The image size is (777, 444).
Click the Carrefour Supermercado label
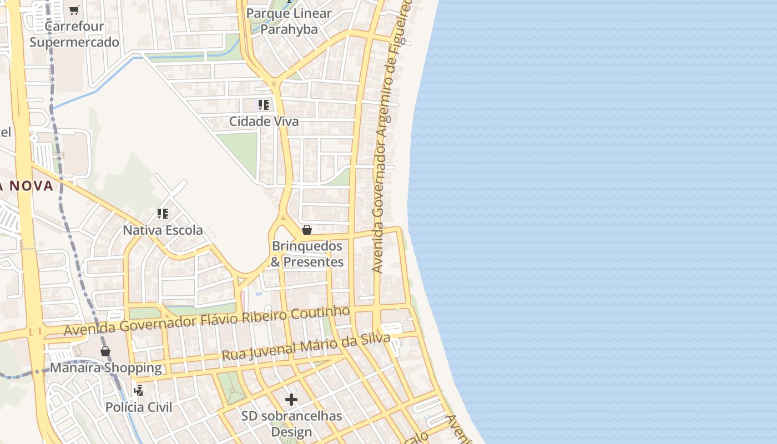click(74, 34)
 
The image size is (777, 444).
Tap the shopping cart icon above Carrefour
click(74, 10)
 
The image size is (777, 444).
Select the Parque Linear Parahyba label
click(289, 21)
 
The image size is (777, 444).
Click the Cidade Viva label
click(264, 122)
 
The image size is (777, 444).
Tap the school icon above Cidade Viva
click(264, 104)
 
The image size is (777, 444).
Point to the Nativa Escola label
click(163, 230)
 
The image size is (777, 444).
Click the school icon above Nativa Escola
click(163, 214)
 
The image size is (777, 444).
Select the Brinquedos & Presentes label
click(307, 254)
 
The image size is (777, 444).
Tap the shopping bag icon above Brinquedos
click(307, 230)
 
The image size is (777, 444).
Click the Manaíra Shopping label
click(106, 368)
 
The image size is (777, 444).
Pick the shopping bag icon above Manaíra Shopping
click(105, 351)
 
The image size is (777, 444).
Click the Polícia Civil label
click(139, 407)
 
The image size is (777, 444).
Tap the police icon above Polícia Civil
click(139, 390)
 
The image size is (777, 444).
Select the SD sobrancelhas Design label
click(291, 423)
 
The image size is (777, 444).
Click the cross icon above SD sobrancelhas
click(291, 400)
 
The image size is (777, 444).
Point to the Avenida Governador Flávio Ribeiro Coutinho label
click(206, 321)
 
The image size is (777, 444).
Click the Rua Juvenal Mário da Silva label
click(306, 346)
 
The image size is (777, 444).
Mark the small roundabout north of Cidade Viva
click(274, 84)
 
